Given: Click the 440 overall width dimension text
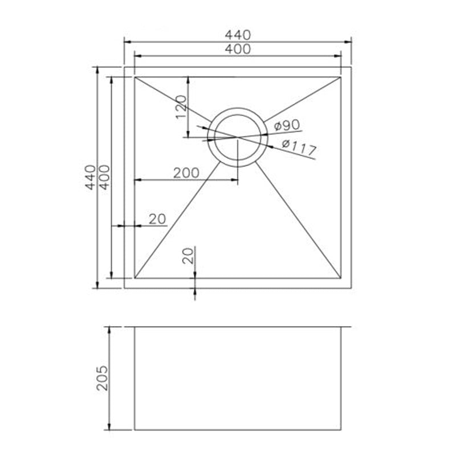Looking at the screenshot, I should point(238,35).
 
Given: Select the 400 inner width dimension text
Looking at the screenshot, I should point(238,50).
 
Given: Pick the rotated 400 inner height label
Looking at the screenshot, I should point(103,178).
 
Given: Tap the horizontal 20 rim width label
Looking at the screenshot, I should point(157,218).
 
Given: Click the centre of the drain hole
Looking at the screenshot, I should point(238,137).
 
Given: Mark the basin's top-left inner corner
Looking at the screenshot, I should point(134,77).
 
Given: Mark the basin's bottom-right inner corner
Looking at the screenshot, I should point(341,278).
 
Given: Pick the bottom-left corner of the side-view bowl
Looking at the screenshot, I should point(134,430).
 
